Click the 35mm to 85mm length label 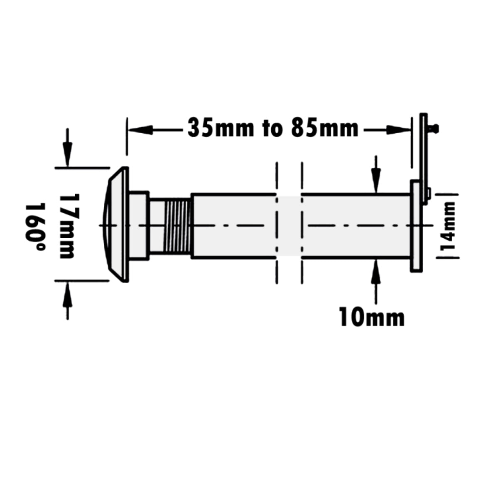point(272,128)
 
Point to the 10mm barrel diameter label point(371,318)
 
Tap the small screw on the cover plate point(434,128)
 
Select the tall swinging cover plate point(423,158)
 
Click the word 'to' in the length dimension point(272,128)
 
